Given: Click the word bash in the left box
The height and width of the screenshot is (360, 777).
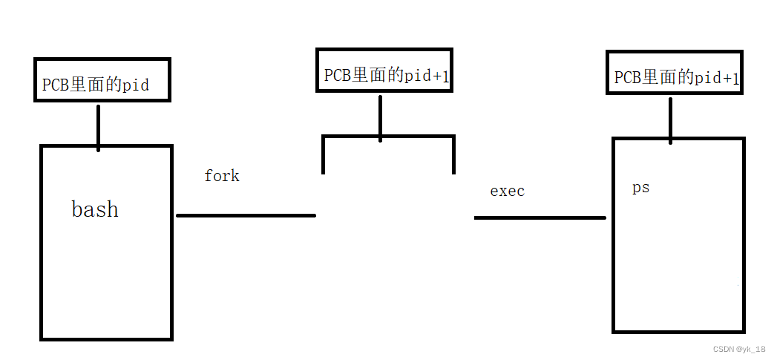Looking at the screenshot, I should [95, 209].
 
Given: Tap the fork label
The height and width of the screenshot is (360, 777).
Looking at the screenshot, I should [222, 176].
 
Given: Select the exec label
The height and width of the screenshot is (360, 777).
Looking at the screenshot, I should [507, 191].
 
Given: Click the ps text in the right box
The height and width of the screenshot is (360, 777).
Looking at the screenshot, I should [640, 188].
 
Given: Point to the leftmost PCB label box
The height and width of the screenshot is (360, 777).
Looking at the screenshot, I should [102, 80].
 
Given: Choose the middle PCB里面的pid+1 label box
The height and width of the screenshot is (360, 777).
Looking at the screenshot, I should [384, 71].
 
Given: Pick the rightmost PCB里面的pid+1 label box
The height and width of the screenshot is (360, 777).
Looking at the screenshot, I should [674, 72].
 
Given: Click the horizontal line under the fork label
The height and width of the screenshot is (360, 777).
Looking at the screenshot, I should [246, 215].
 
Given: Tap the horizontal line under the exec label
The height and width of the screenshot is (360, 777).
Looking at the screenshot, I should [540, 217].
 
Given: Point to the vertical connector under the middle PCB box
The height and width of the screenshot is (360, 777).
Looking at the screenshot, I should [380, 115].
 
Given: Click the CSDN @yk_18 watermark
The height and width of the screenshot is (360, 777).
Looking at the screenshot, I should [738, 349].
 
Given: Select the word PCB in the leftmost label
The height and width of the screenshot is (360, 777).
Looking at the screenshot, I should [55, 85].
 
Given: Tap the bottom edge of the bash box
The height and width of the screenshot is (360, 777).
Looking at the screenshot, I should [106, 339].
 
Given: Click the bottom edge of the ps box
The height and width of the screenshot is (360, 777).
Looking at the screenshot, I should [678, 331].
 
